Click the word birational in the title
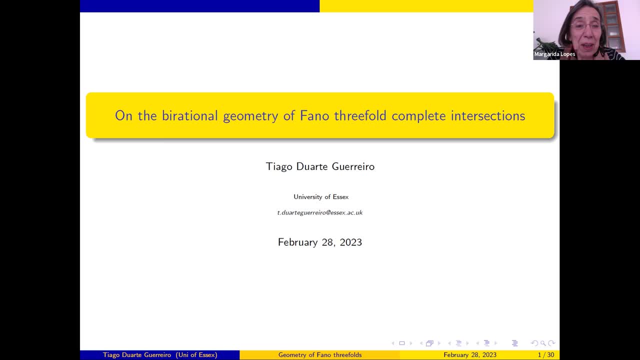(190, 115)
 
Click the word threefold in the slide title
(360, 115)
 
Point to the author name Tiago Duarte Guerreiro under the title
(320, 166)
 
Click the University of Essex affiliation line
(321, 197)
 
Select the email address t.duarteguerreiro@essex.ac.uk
(320, 212)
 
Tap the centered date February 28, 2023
(320, 242)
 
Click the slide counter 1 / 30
(545, 355)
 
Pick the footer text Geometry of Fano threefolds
(320, 355)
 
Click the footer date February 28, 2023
(470, 355)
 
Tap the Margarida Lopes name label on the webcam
(554, 54)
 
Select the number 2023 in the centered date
(350, 242)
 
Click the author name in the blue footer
(138, 355)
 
